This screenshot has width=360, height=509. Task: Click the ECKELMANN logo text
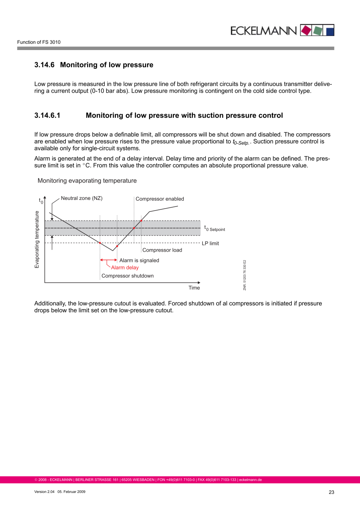point(264,31)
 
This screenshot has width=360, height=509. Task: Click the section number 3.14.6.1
point(47,115)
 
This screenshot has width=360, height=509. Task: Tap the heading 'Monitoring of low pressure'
point(107,65)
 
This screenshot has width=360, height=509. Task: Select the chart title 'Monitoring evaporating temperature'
point(87,181)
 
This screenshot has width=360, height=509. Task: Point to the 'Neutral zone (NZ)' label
point(82,198)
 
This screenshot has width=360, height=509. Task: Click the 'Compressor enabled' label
point(160,199)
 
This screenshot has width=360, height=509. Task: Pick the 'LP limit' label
point(210,243)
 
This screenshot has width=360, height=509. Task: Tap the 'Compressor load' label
point(162,250)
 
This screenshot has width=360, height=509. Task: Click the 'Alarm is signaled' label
point(139,260)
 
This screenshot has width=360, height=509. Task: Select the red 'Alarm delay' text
point(125,267)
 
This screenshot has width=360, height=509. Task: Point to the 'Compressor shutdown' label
point(127,276)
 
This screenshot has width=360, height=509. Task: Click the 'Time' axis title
point(194,288)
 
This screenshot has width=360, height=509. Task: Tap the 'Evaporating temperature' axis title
point(37,239)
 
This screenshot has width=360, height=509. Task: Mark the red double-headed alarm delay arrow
point(109,260)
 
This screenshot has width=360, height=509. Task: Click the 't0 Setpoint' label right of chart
point(214,228)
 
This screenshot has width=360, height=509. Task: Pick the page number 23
point(331,492)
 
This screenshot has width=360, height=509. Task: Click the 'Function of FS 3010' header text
point(39,42)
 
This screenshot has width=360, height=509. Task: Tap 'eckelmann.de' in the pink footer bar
point(250,480)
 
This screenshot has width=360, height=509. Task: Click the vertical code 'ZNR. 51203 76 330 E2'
point(245,275)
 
